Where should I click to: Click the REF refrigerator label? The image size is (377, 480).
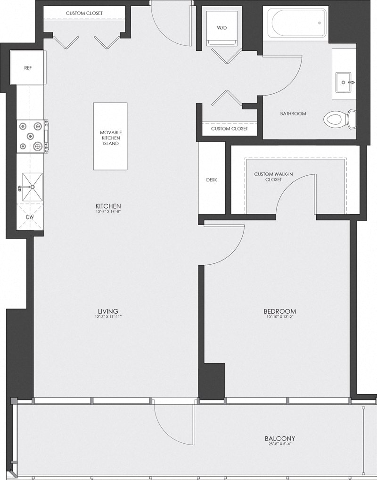[x=28, y=68]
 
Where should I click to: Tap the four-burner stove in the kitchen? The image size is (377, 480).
[x=32, y=137]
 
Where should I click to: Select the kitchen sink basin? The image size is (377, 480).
[x=32, y=187]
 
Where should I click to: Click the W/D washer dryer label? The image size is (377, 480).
[x=221, y=28]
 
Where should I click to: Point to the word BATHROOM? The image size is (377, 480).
[x=293, y=114]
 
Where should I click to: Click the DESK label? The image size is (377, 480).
[x=212, y=180]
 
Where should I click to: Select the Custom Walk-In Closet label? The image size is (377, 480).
[x=273, y=177]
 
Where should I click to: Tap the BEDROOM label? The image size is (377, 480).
[x=280, y=311]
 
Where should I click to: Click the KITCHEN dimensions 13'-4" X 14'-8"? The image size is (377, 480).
[x=109, y=212]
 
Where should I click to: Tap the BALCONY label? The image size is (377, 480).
[x=280, y=439]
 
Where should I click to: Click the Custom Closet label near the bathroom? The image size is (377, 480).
[x=227, y=129]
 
